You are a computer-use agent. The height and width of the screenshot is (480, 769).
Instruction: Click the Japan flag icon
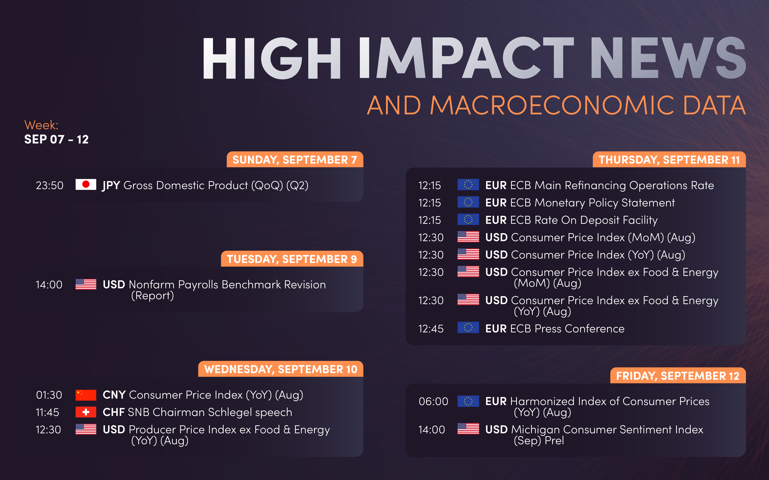pyautogui.click(x=86, y=184)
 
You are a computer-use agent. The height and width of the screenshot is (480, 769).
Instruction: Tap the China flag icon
pyautogui.click(x=86, y=395)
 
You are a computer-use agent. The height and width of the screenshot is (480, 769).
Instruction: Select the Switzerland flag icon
pyautogui.click(x=86, y=412)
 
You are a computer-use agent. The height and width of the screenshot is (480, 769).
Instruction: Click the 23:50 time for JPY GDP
pyautogui.click(x=50, y=185)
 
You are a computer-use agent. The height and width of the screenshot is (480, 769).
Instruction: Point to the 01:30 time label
pyautogui.click(x=49, y=395)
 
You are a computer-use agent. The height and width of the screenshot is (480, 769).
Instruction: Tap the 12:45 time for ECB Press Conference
pyautogui.click(x=431, y=329)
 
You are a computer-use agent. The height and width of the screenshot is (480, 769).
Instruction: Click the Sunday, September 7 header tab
pyautogui.click(x=295, y=160)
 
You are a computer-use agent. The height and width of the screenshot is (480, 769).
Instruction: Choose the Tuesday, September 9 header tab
pyautogui.click(x=292, y=259)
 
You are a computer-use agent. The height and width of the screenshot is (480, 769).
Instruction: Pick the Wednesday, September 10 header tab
pyautogui.click(x=281, y=369)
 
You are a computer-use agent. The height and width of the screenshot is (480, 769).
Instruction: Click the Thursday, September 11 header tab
pyautogui.click(x=669, y=160)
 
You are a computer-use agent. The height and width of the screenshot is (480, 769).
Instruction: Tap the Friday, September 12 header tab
pyautogui.click(x=678, y=376)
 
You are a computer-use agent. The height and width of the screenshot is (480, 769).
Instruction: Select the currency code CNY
pyautogui.click(x=114, y=395)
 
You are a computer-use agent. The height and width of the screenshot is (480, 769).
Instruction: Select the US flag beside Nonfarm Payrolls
pyautogui.click(x=86, y=284)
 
